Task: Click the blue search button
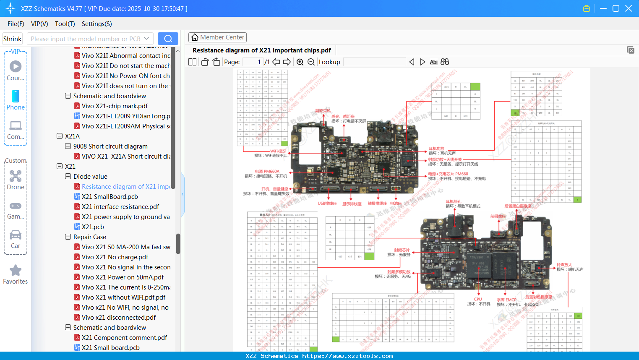168,39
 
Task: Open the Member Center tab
217,37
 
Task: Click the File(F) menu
16,24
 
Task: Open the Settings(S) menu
97,24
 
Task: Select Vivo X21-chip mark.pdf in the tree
115,106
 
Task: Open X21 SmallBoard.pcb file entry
110,197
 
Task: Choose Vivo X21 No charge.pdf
115,257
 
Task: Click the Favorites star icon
16,271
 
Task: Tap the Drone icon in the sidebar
16,176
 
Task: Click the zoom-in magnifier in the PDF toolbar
300,62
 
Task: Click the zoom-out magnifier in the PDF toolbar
311,62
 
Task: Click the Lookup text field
374,62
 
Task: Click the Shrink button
13,39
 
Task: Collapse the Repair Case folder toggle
68,237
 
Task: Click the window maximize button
616,8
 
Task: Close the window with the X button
629,8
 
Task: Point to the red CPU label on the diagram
478,299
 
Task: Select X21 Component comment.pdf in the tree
124,338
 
